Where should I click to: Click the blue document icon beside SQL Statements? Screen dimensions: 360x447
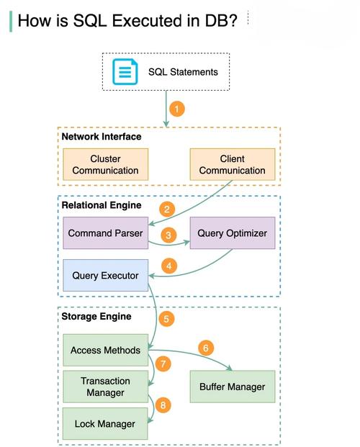[125, 71]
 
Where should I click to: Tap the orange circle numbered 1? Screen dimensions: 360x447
[177, 109]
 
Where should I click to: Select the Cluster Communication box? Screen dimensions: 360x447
[106, 164]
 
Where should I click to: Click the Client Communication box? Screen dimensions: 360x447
[233, 164]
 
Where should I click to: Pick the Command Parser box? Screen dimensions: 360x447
[106, 233]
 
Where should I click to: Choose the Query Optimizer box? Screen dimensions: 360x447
[233, 233]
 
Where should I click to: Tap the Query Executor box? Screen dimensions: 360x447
[106, 276]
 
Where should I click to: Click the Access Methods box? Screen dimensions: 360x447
[106, 350]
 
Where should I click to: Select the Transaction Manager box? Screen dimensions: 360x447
[106, 387]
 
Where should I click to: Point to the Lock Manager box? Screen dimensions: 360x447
[105, 424]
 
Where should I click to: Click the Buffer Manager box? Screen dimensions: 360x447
[233, 387]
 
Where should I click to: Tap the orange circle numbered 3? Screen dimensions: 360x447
[168, 235]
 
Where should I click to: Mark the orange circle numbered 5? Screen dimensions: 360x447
[166, 319]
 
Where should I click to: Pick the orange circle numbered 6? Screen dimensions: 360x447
[206, 348]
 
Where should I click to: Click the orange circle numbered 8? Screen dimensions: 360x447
[163, 405]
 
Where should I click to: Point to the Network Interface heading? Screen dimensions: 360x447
[102, 137]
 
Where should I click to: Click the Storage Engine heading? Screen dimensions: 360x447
[96, 317]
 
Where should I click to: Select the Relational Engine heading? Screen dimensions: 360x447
[102, 205]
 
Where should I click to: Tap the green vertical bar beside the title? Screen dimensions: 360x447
[11, 22]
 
